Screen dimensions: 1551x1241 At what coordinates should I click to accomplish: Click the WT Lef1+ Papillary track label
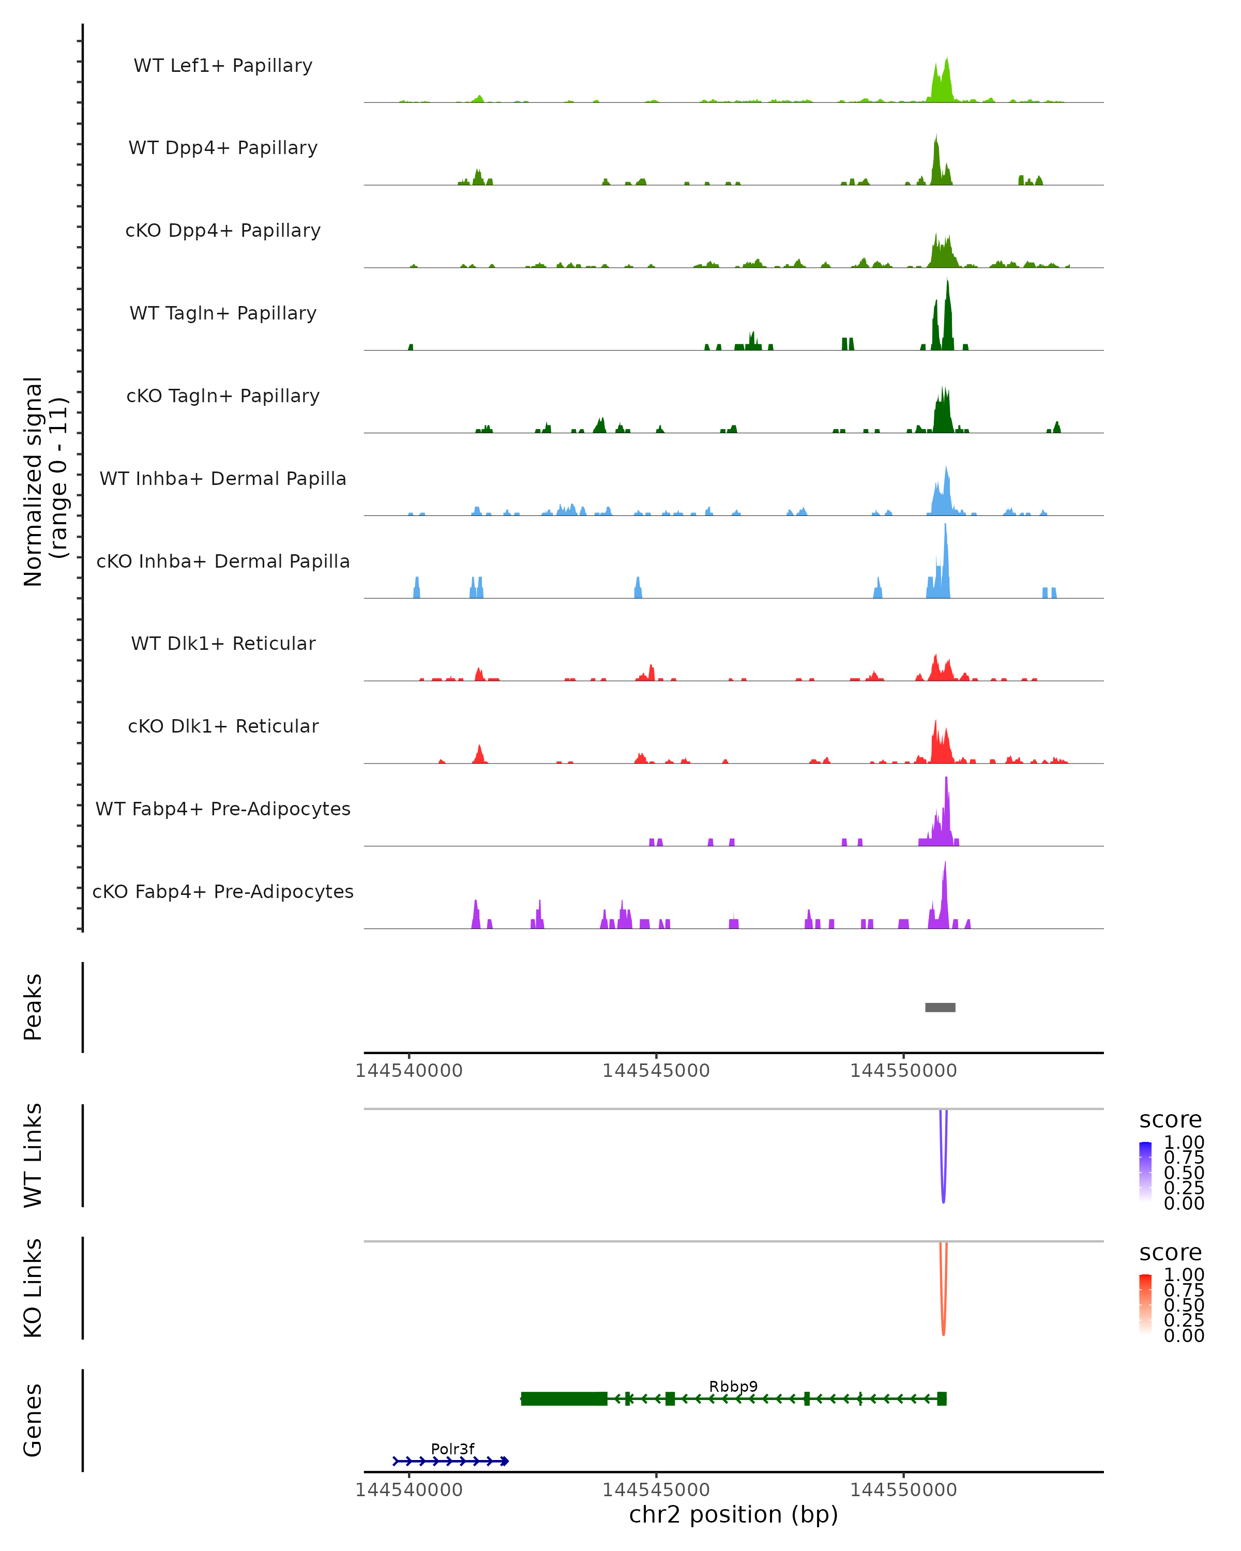223,66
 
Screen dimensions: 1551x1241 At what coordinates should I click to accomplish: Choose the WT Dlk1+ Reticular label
223,643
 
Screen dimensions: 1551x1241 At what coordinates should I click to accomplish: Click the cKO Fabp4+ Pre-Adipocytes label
223,891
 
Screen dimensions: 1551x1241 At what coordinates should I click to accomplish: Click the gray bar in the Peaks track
940,1007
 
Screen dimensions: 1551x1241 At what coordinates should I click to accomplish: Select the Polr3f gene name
452,1449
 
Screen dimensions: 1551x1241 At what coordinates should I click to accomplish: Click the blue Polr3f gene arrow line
451,1461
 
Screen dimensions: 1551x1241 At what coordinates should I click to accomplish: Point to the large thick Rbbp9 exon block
564,1398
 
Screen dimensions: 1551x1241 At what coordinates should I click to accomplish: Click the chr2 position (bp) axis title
733,1514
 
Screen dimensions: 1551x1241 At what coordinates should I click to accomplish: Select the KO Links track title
33,1288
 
